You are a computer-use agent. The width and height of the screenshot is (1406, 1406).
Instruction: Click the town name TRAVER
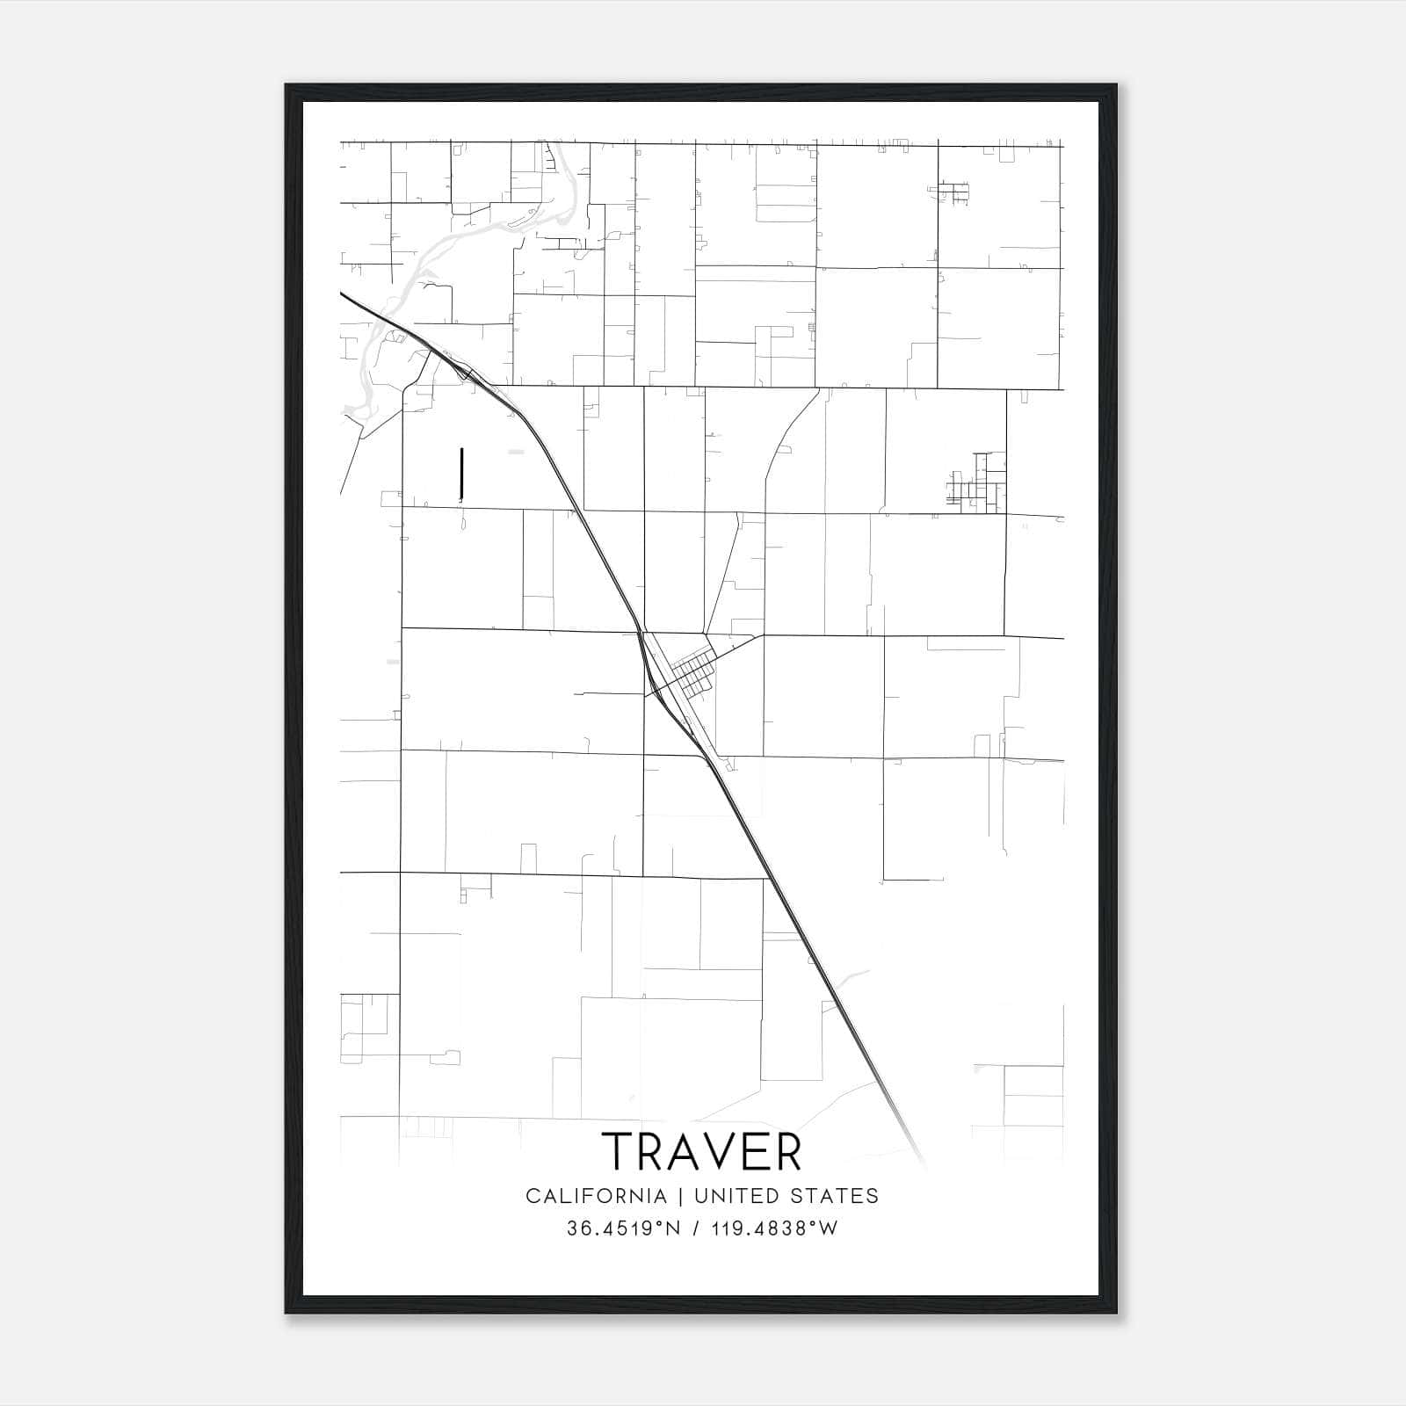[702, 1151]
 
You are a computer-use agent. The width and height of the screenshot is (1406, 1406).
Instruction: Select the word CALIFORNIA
[596, 1196]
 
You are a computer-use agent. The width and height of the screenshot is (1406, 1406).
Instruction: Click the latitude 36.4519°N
[624, 1228]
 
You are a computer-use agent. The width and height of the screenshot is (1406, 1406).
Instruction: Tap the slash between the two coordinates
[696, 1228]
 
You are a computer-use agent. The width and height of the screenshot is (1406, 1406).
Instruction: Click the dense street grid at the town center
[694, 673]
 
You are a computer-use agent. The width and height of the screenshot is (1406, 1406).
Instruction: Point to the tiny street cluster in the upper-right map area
[953, 192]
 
